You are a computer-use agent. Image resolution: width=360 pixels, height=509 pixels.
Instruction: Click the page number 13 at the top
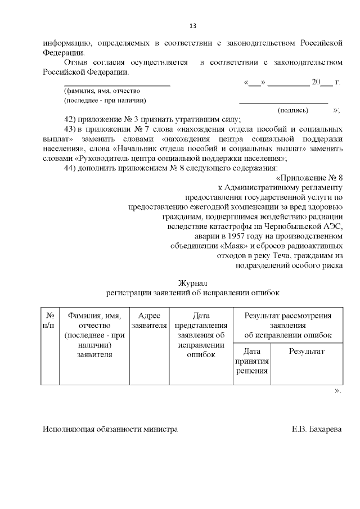192,26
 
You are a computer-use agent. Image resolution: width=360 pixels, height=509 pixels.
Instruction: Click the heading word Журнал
192,283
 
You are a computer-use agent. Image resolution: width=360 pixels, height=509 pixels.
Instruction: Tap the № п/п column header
50,320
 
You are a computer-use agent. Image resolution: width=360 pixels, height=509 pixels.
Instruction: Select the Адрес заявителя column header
149,320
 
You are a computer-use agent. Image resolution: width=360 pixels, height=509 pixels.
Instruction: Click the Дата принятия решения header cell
251,361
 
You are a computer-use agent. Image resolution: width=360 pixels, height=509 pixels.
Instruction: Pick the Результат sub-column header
307,351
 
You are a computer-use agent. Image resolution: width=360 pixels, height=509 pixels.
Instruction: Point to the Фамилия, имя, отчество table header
95,335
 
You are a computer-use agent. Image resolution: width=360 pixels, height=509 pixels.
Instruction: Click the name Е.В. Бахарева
316,429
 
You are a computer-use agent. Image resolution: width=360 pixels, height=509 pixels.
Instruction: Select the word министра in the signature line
160,429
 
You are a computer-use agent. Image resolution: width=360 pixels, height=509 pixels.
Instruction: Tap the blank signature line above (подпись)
283,102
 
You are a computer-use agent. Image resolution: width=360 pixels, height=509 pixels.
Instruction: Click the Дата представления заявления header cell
201,335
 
